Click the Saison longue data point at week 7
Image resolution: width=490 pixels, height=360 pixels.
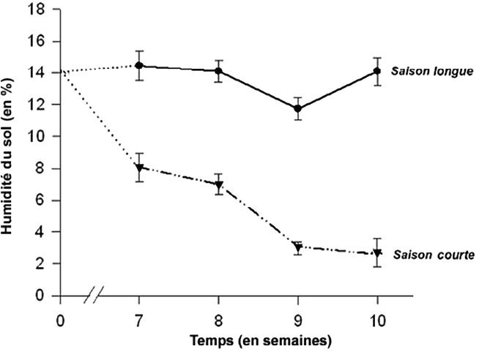coord(139,66)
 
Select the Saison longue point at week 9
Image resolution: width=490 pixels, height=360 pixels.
coord(297,108)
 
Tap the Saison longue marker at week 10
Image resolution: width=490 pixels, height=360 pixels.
coord(377,71)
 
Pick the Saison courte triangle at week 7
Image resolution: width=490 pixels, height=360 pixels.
coord(139,168)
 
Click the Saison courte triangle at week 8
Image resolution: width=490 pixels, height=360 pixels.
coord(218,184)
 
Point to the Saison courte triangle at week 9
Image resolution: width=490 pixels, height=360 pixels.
coord(297,247)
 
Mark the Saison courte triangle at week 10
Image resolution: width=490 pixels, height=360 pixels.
coord(377,254)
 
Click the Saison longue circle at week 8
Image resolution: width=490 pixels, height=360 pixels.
coord(218,71)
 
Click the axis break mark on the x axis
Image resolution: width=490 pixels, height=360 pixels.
coord(94,297)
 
